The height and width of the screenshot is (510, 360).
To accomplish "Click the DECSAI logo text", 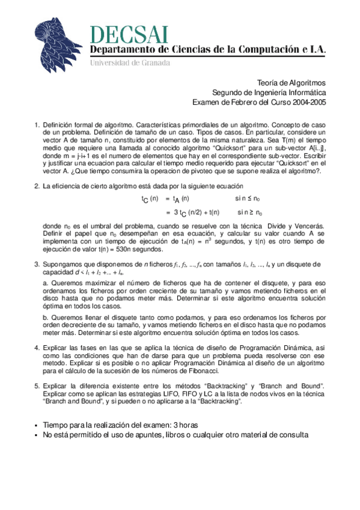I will pyautogui.click(x=129, y=34).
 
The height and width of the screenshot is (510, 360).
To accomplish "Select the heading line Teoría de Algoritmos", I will pyautogui.click(x=291, y=84).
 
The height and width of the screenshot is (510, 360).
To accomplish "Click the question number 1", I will pyautogui.click(x=37, y=124).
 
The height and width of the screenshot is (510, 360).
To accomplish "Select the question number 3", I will pyautogui.click(x=37, y=264).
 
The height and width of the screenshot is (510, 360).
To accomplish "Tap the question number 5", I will pyautogui.click(x=37, y=385).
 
